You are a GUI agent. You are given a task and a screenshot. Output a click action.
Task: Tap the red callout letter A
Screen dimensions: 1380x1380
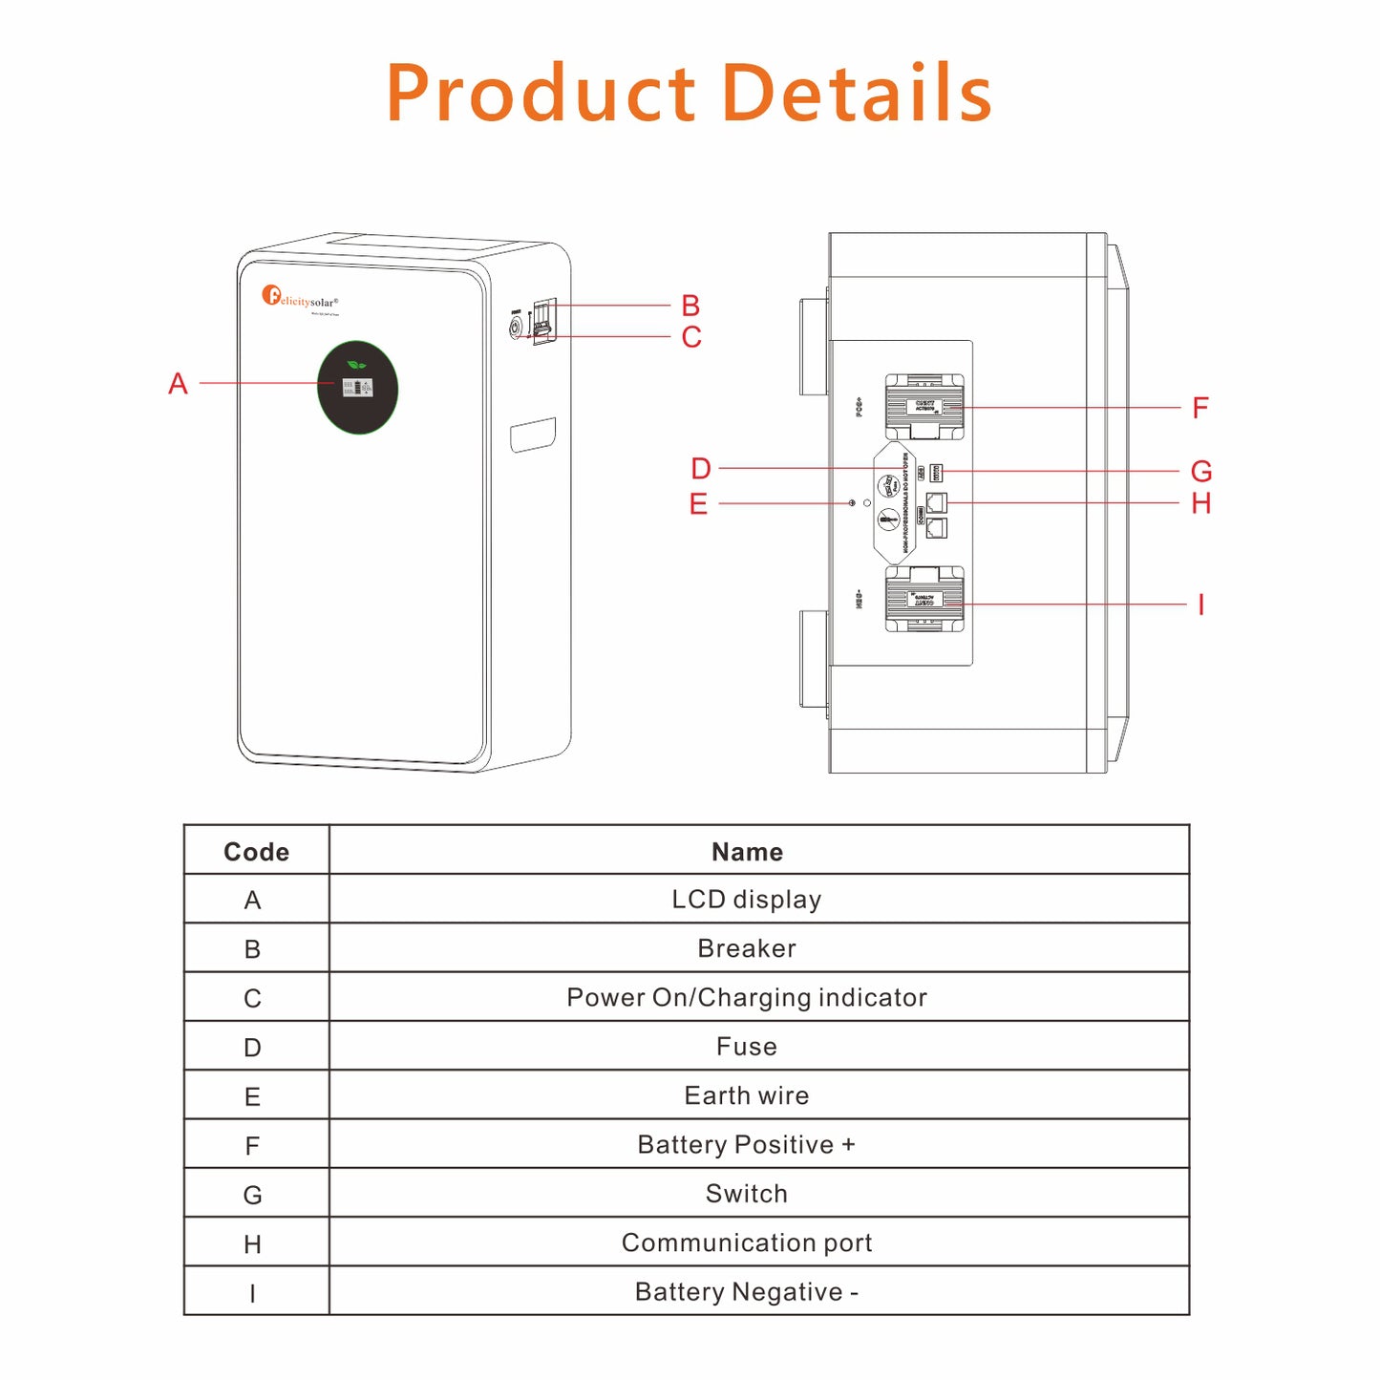click(x=178, y=384)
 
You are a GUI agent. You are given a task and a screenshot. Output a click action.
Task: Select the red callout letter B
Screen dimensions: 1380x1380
click(x=690, y=306)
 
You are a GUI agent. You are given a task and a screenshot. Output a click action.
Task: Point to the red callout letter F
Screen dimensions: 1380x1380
click(x=1200, y=409)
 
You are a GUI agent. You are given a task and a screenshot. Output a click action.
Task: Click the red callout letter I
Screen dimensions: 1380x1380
click(x=1200, y=605)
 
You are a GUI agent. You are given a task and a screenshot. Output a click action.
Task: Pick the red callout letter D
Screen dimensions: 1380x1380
click(x=701, y=469)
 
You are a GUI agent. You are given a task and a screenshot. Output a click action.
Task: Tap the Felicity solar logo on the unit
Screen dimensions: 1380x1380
click(x=300, y=297)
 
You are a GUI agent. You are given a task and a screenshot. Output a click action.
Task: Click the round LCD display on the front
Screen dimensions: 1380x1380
click(x=357, y=388)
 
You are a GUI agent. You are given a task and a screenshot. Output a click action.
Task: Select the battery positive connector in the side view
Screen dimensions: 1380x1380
click(x=924, y=407)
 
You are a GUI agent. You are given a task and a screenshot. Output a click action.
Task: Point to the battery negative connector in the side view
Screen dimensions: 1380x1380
click(x=924, y=600)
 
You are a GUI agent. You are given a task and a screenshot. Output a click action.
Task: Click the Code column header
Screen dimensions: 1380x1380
click(x=256, y=852)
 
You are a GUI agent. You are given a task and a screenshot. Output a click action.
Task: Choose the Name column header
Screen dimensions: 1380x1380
click(x=747, y=852)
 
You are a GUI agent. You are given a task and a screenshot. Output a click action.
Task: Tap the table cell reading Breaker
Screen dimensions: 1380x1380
click(x=747, y=948)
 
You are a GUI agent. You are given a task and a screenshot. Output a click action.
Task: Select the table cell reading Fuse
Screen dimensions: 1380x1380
click(x=747, y=1047)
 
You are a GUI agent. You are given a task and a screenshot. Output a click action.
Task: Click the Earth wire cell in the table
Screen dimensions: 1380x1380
click(x=747, y=1095)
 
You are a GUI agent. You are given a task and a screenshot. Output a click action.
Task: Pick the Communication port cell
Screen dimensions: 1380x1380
click(x=747, y=1242)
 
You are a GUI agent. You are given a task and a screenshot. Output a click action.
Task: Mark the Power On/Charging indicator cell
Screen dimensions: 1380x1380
click(x=747, y=997)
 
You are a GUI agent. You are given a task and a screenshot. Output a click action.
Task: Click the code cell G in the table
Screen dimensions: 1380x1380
click(x=252, y=1195)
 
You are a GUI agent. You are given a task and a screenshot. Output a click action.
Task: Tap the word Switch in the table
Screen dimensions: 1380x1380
click(x=747, y=1194)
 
